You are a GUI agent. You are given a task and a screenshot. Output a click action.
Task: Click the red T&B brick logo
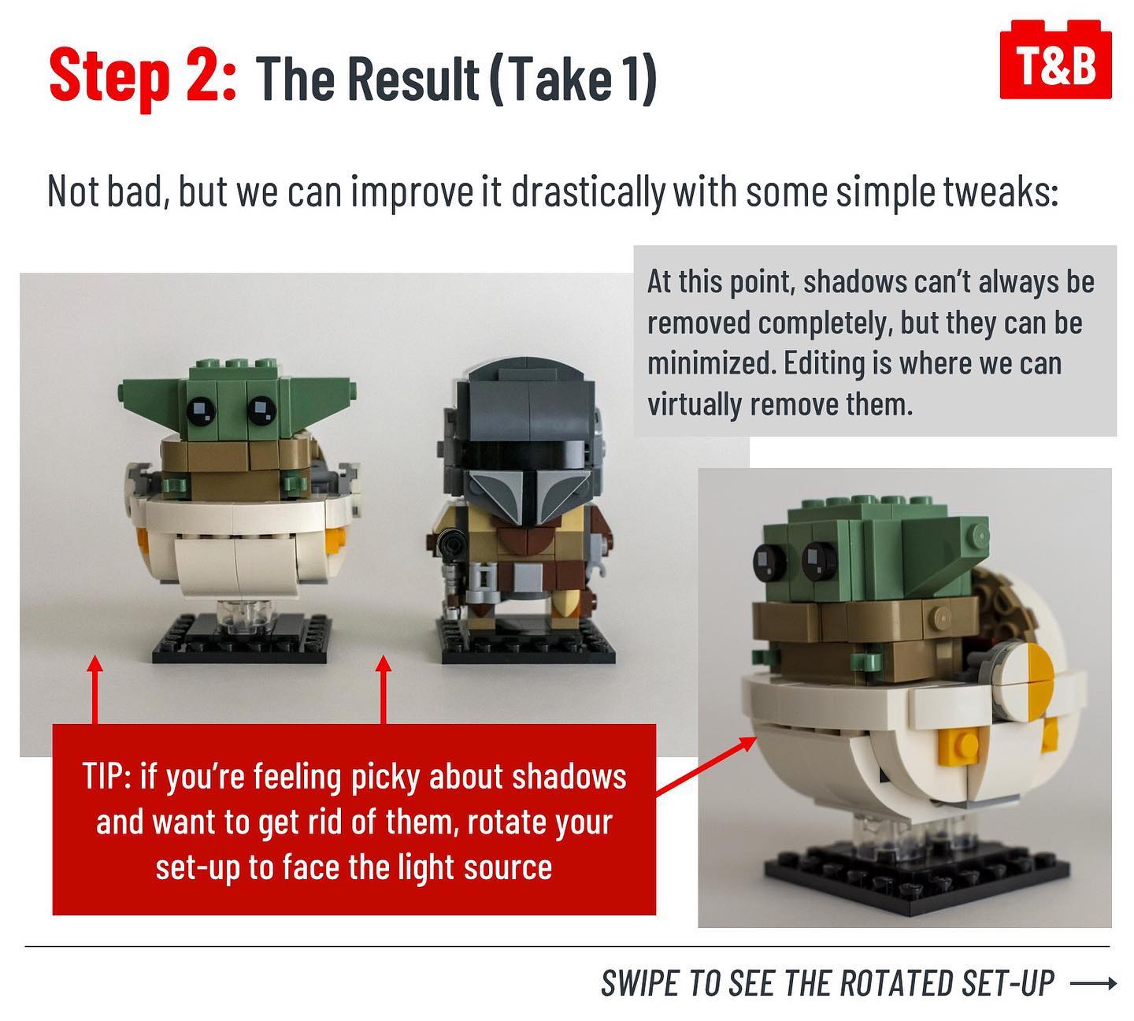point(1055,60)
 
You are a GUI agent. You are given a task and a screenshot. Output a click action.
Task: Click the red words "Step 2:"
point(143,76)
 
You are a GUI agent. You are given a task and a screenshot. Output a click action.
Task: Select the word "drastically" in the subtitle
point(588,191)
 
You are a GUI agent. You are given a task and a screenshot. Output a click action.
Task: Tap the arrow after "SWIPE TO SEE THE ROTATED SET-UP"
point(1093,983)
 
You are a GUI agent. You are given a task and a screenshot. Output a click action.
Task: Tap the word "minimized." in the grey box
point(710,363)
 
